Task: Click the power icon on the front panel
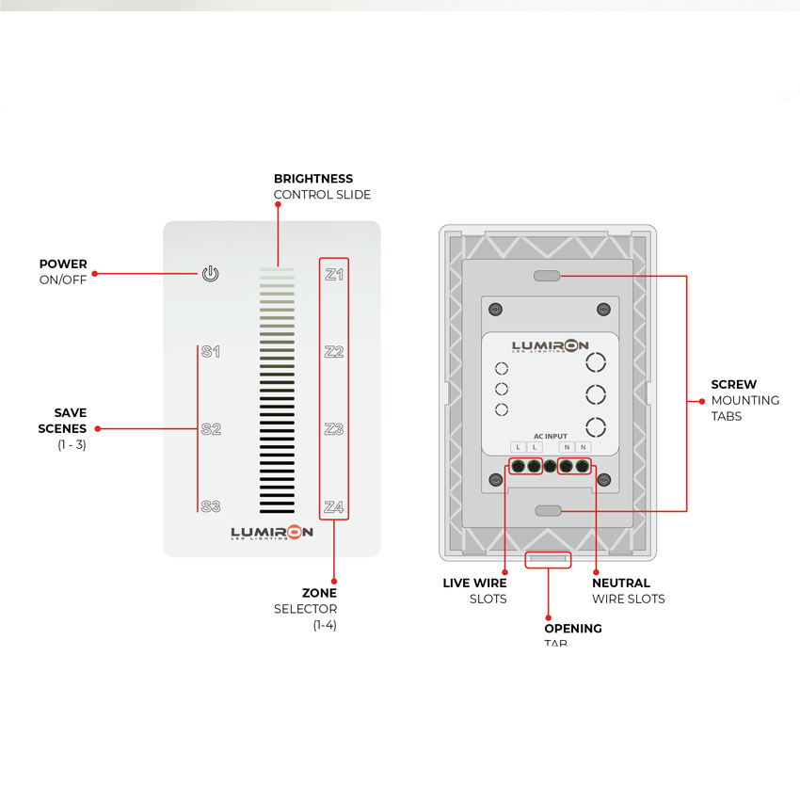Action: [x=211, y=274]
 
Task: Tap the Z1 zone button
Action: [x=334, y=275]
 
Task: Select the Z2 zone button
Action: [x=334, y=352]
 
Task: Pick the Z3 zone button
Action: [x=334, y=429]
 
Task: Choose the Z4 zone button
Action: [x=334, y=507]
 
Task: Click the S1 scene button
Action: [x=211, y=352]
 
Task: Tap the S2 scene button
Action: [x=211, y=429]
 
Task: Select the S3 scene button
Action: [x=211, y=507]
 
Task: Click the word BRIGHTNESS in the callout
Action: [x=313, y=179]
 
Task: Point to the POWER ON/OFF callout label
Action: [x=63, y=272]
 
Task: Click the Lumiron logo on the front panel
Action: [x=272, y=534]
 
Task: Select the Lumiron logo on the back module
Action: [x=551, y=347]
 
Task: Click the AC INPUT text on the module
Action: [x=551, y=437]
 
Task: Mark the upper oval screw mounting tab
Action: [x=547, y=276]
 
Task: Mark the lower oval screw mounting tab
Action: [x=547, y=510]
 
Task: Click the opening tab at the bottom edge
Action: [x=548, y=559]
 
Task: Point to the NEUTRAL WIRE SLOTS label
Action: [x=628, y=591]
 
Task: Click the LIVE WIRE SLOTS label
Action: [x=476, y=591]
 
